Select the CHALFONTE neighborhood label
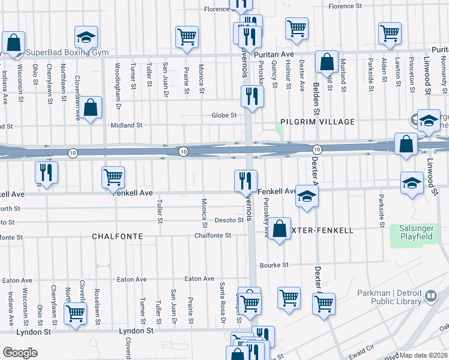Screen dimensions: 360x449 point(117,236)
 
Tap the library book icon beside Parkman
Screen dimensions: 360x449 point(430,296)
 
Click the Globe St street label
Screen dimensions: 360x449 point(224,115)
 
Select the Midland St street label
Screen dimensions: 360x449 point(127,125)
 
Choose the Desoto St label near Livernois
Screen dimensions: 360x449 point(228,220)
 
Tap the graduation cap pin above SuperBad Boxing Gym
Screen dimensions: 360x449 point(86,37)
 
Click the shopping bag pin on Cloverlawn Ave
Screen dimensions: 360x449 point(91,109)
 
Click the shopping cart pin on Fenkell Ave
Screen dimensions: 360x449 point(113,177)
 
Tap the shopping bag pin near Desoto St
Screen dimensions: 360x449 point(280,229)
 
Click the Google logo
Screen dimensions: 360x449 point(20,353)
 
